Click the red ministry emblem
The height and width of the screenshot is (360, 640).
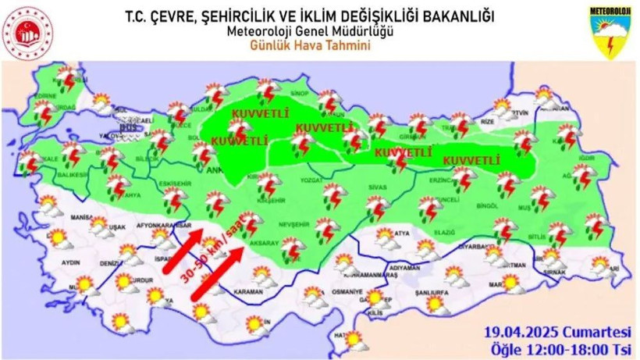click(30, 33)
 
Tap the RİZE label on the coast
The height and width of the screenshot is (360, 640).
click(487, 122)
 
